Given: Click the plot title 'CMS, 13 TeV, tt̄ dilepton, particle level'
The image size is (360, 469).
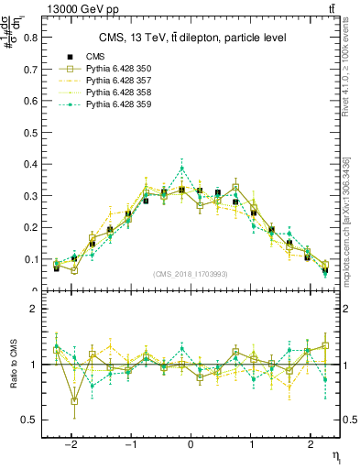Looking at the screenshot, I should pyautogui.click(x=192, y=38).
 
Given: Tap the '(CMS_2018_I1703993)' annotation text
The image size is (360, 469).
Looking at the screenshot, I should pyautogui.click(x=191, y=273).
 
